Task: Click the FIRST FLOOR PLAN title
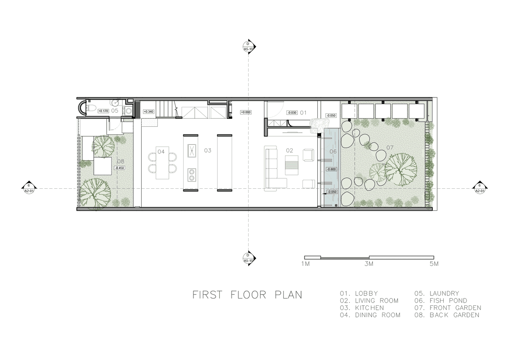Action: tap(247, 295)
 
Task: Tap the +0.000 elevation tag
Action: tap(246, 112)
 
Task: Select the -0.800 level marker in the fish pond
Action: tap(331, 169)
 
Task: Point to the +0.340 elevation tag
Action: tap(148, 112)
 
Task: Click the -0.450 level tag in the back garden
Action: tap(120, 168)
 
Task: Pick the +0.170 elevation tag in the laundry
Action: tap(103, 111)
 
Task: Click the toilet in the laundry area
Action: tap(91, 109)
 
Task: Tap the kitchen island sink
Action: tap(192, 151)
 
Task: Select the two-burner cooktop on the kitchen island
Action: tap(192, 175)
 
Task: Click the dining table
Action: tap(162, 163)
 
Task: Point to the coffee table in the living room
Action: tap(291, 165)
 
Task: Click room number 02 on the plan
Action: tap(289, 151)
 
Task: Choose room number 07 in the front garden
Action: tap(390, 148)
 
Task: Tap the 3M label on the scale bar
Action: tap(369, 264)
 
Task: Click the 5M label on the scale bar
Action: tap(434, 264)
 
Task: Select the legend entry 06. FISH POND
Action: tap(441, 301)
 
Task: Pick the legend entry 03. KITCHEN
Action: tap(362, 308)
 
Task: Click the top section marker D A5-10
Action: tap(249, 47)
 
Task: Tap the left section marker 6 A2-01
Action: tap(29, 188)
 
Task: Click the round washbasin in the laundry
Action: tap(116, 103)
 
